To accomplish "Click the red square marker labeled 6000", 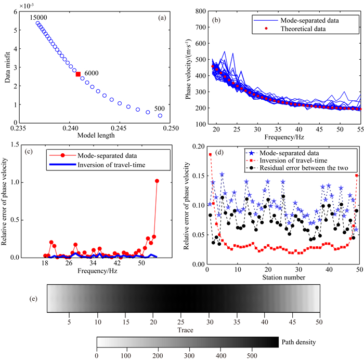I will (x=78, y=74).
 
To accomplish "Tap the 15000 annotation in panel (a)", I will (x=33, y=18).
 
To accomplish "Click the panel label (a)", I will (x=162, y=18).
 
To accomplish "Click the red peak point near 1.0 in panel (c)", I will (x=157, y=181).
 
